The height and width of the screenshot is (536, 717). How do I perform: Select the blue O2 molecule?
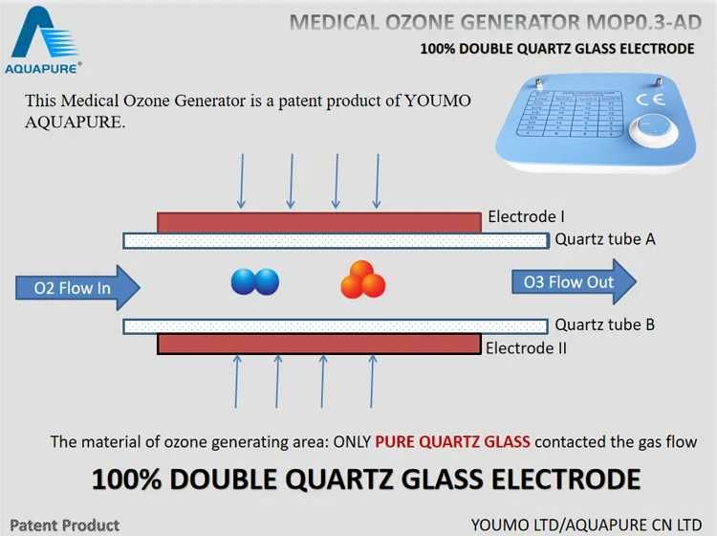[255, 281]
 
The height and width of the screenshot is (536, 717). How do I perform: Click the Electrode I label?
[526, 217]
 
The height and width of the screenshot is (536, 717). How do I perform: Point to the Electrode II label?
[526, 347]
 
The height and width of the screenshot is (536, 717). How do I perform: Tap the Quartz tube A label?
[604, 239]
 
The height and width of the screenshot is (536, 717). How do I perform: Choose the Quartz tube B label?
[604, 324]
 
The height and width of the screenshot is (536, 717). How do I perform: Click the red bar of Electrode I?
[318, 222]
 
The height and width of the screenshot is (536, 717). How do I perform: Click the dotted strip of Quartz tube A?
[335, 240]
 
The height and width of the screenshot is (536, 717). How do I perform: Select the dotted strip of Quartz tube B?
[335, 325]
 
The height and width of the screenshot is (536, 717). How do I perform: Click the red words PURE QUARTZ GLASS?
[453, 442]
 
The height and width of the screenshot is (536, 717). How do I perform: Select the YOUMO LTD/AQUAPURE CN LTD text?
[586, 525]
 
